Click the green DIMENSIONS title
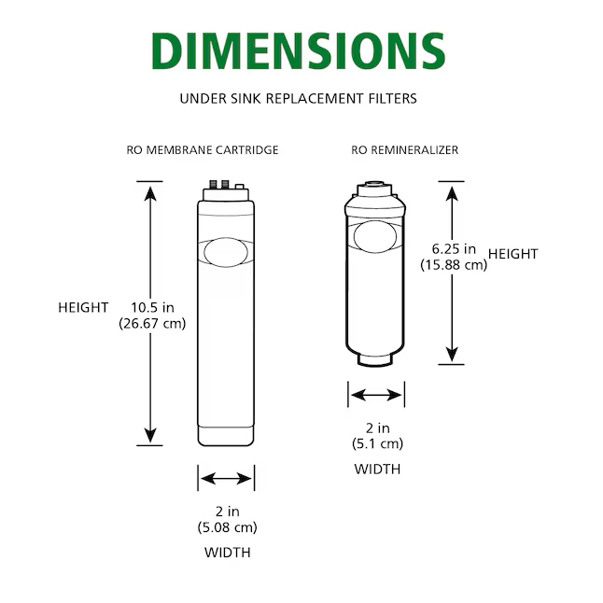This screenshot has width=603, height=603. [298, 51]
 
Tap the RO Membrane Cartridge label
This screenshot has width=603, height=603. [203, 149]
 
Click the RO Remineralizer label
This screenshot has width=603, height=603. [405, 149]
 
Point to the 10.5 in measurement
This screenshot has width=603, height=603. [152, 307]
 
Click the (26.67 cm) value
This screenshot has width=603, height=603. [152, 324]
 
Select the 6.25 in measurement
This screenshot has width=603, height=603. [455, 248]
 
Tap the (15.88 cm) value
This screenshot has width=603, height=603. [455, 264]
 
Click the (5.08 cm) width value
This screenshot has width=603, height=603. [227, 527]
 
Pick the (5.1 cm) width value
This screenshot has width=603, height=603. [376, 443]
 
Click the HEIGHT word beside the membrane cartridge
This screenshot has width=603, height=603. [83, 307]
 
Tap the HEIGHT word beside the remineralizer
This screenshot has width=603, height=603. [513, 254]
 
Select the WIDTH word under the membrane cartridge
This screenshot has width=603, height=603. [227, 553]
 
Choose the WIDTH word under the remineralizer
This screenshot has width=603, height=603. [376, 469]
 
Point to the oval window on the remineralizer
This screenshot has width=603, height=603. [376, 236]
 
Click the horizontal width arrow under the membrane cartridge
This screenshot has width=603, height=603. [226, 479]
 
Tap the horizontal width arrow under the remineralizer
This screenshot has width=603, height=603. [376, 395]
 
